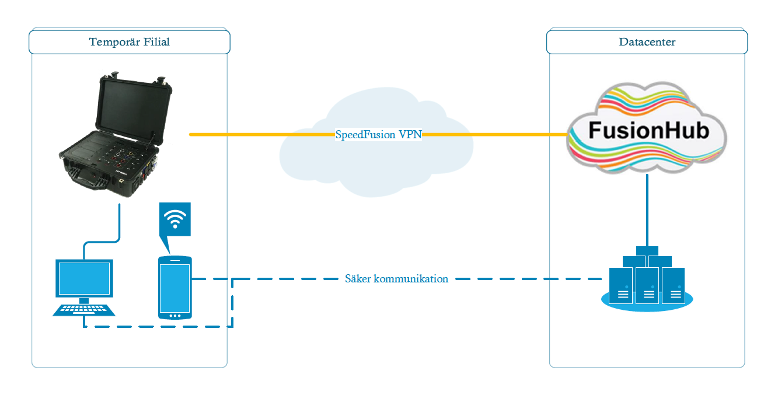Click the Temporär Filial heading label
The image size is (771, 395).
coord(130,42)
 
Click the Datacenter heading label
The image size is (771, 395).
coord(647,42)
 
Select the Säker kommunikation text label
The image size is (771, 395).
coord(396,279)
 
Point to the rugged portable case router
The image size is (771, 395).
coord(111,140)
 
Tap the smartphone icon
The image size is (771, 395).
coord(175,288)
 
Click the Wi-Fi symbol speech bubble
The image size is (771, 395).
coord(175,221)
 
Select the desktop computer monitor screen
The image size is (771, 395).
coord(84,278)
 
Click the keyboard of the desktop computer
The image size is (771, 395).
coord(84,309)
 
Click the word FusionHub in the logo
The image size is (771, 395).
coord(648,130)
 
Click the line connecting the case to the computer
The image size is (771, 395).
coord(118,225)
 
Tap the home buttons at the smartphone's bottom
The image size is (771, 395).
coord(175,316)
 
